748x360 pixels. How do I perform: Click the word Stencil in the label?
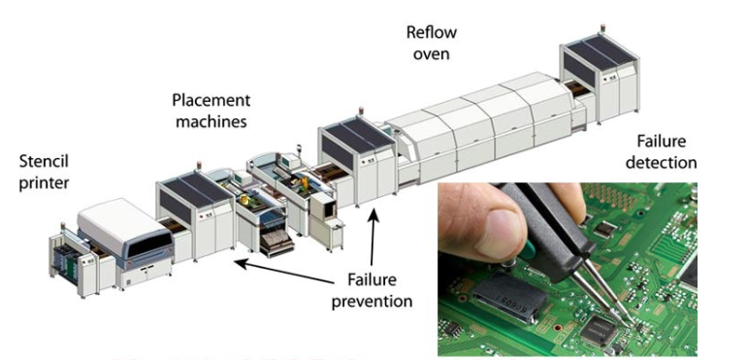coord(44,162)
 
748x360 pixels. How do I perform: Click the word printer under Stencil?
coord(44,183)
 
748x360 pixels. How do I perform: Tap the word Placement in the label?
coord(211,100)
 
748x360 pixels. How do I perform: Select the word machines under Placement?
coord(211,121)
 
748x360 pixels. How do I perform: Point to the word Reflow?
coord(432,32)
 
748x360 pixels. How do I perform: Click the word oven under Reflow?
coord(432,53)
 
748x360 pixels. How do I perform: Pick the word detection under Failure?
coord(662,162)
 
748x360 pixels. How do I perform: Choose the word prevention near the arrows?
coord(373,301)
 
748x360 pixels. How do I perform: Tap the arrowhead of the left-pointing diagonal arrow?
coord(241,263)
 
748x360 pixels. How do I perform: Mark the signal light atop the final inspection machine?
coord(603,27)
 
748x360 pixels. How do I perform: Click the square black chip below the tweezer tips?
coord(599,331)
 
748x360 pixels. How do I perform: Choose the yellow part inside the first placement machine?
coord(244,199)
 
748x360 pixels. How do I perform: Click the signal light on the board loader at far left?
coord(62,225)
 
